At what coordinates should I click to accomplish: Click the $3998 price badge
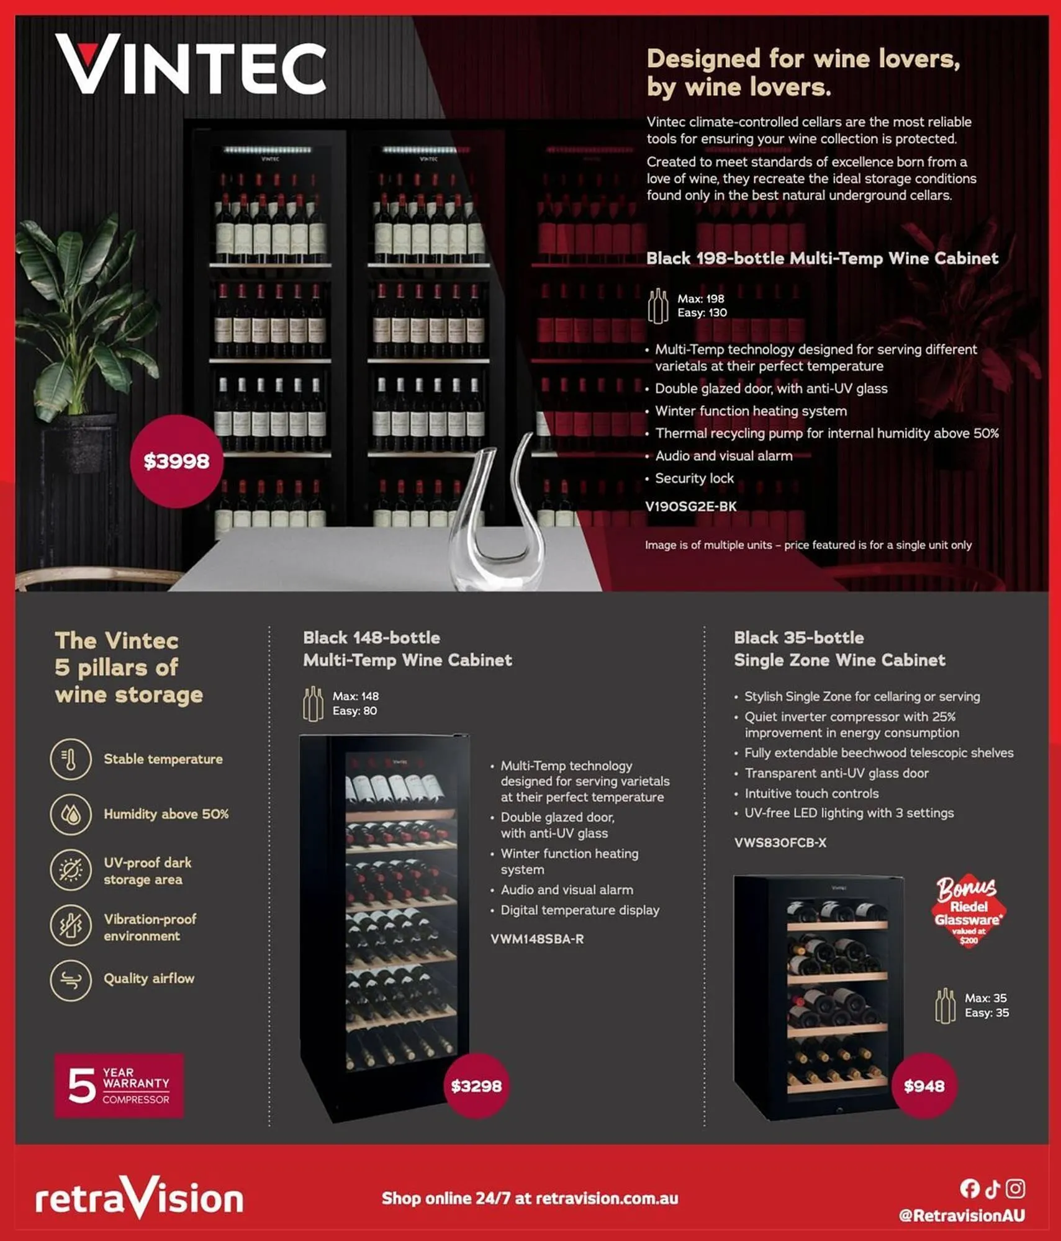tap(176, 461)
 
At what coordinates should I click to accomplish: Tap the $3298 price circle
tap(476, 1086)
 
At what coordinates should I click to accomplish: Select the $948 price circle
tap(924, 1086)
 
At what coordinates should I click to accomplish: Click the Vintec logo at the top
tap(191, 65)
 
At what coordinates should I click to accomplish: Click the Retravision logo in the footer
tap(140, 1198)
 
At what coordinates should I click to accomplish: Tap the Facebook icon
tap(969, 1188)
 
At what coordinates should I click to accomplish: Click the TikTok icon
tap(992, 1188)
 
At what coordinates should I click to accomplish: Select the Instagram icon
tap(1015, 1188)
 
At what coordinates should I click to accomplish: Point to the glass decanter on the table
tap(497, 515)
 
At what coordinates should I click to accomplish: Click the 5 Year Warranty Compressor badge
tap(119, 1086)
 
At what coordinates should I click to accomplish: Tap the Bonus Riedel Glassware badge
tap(968, 911)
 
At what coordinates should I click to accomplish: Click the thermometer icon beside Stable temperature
tap(71, 759)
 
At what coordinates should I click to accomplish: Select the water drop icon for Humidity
tap(71, 814)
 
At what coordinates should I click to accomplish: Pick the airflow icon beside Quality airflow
tap(71, 980)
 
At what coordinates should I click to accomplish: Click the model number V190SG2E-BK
tap(691, 506)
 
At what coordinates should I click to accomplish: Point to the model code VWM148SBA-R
tap(537, 939)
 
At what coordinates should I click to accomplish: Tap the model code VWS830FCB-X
tap(780, 843)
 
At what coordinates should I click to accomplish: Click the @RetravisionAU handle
tap(962, 1216)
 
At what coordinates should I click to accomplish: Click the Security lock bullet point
tap(694, 478)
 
